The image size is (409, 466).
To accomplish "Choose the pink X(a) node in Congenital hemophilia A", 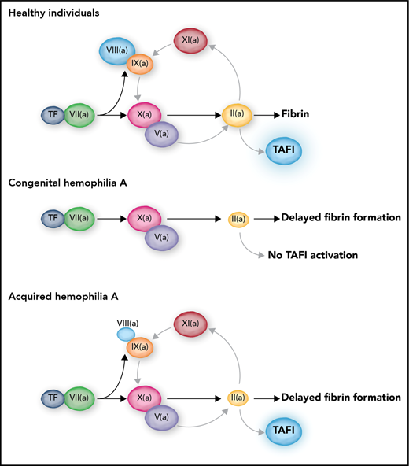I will (144, 216).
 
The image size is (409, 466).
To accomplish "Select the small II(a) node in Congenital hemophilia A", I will (237, 216).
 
